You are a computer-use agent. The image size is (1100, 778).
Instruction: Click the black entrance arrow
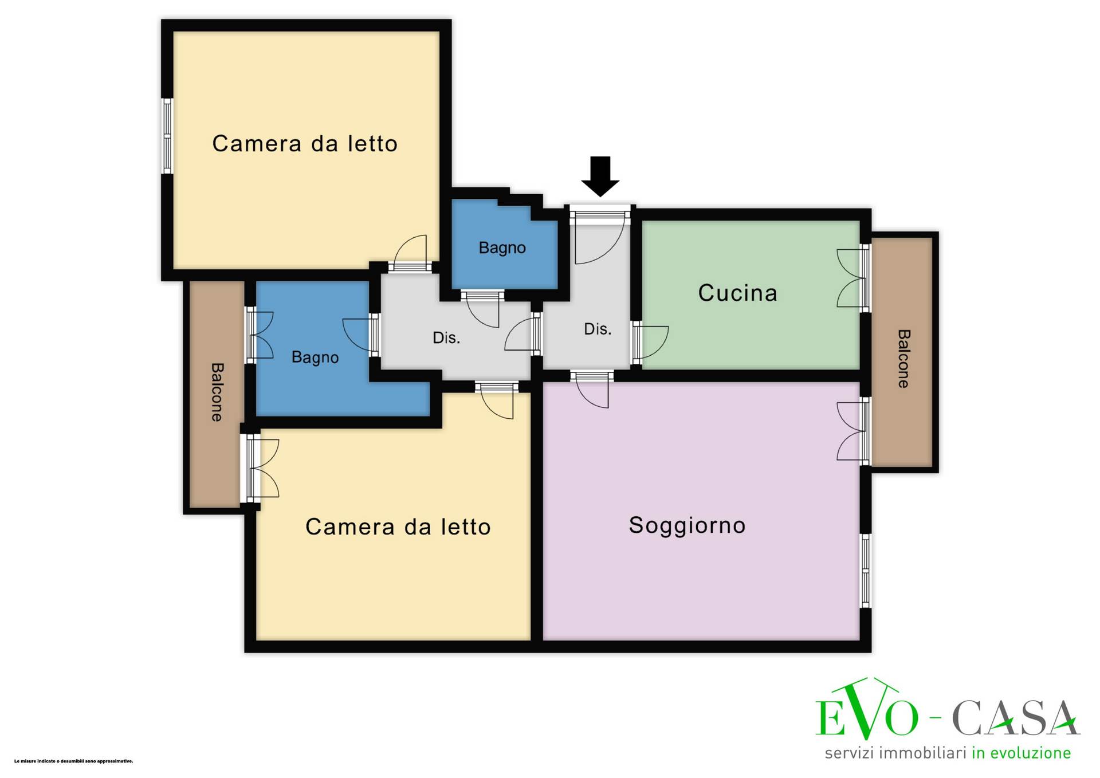coord(600,176)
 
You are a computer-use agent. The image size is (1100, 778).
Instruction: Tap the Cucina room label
coord(737,293)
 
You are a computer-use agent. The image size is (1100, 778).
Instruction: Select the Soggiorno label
coord(687,525)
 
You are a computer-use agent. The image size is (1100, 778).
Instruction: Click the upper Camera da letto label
coord(305,143)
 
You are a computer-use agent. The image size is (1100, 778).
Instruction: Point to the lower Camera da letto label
coord(398,526)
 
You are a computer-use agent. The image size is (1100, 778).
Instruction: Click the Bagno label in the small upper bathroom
coord(502,248)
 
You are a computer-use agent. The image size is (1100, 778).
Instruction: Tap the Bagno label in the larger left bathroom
coord(315,357)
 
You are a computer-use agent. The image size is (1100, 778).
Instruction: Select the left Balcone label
coord(217,392)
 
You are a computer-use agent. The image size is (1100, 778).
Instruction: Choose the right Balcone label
coord(903,359)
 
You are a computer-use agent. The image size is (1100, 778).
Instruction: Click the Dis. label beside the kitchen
coord(598,329)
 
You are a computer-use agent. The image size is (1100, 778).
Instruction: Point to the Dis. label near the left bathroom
coord(446,338)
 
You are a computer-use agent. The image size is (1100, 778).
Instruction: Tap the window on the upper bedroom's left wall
coord(167,136)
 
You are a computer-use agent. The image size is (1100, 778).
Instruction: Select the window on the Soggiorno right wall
coord(866,571)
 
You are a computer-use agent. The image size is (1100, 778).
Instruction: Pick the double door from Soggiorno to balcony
coord(852,431)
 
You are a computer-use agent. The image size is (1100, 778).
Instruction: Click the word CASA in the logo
coord(1015,717)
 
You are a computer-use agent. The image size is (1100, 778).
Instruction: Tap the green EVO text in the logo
coord(867,710)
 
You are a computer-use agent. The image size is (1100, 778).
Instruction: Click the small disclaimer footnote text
coord(73,761)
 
